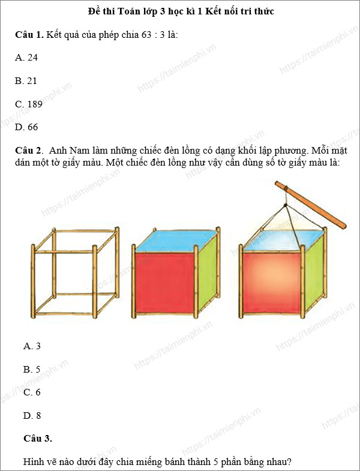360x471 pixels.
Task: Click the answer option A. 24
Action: pos(26,58)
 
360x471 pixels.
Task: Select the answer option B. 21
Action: pos(26,80)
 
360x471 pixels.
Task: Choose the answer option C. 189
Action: pos(29,104)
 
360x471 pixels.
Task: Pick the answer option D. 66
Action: pos(26,127)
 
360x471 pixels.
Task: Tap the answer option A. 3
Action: pos(32,346)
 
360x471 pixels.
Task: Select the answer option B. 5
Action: pos(32,369)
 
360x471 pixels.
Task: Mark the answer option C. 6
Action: pos(32,392)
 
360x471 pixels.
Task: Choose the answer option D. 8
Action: pos(32,415)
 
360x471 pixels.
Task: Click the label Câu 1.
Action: pos(29,35)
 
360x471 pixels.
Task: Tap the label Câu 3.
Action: pos(38,438)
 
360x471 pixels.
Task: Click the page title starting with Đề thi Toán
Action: pos(180,11)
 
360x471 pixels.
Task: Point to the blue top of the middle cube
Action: pos(174,240)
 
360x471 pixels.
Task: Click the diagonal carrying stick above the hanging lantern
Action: pos(310,203)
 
